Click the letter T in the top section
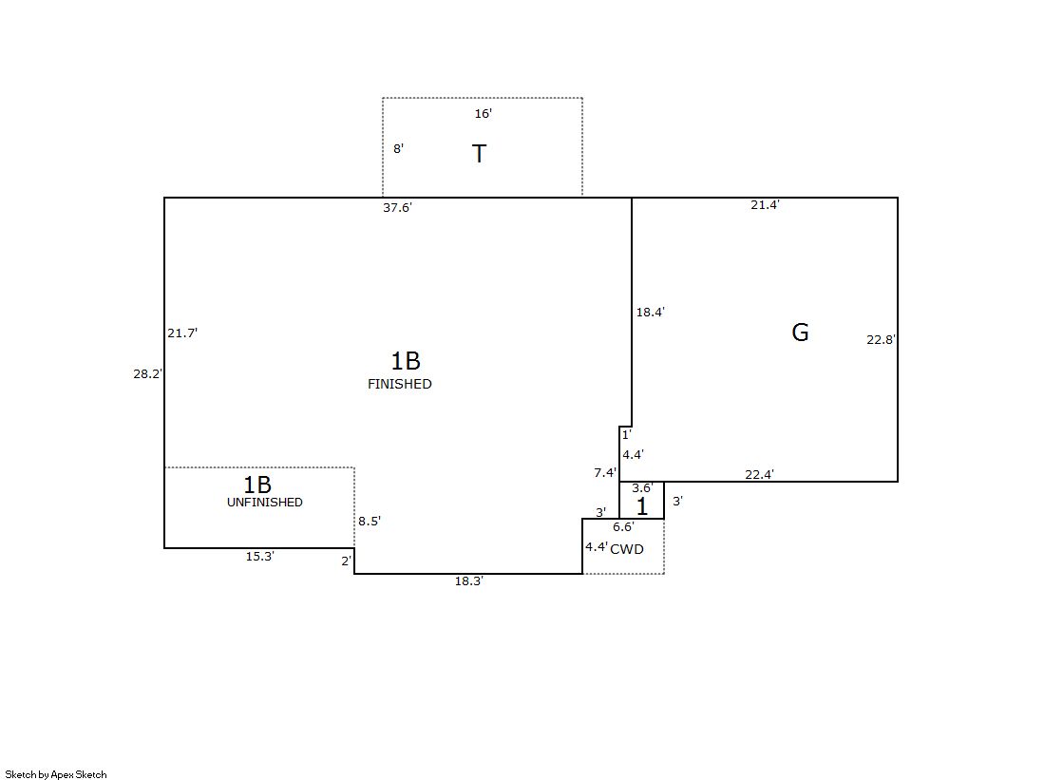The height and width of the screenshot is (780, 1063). pos(480,154)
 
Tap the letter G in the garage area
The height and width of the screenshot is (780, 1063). pos(800,333)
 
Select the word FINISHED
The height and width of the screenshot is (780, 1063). pos(399,385)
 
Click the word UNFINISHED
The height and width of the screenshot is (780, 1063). pos(264,503)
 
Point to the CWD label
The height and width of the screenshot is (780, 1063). pos(627,549)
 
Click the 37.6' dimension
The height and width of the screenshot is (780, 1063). pos(397,208)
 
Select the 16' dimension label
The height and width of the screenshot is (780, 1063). pos(483,114)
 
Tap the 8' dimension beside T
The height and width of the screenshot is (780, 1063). pos(398,149)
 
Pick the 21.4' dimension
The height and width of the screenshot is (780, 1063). pos(765,205)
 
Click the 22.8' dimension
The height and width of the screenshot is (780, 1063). pos(881,339)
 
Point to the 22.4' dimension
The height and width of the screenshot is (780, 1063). pos(759,475)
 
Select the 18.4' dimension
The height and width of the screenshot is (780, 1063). pos(650,312)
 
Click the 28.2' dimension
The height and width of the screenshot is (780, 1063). pos(148,374)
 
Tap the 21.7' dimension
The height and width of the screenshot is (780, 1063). pos(182,333)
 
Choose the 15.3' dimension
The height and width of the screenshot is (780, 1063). pos(259,557)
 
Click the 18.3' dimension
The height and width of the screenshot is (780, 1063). pos(468,581)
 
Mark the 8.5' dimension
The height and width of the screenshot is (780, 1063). pos(370,522)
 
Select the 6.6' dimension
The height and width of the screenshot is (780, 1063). pos(623,527)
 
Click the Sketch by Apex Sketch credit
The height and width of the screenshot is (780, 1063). pos(56,774)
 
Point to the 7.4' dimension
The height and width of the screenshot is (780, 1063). pos(605,473)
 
